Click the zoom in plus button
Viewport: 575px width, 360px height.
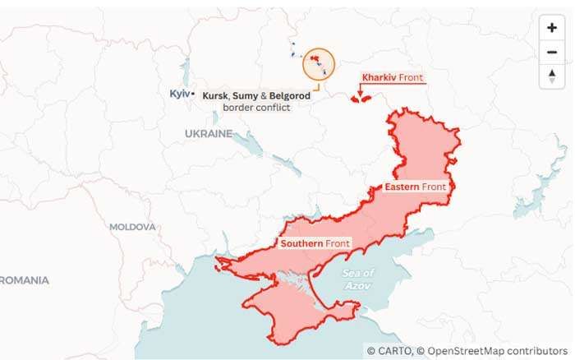tap(551, 27)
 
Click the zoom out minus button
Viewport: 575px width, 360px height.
tap(551, 53)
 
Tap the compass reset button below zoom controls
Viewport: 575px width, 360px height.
tap(551, 76)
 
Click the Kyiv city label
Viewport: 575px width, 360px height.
tap(179, 94)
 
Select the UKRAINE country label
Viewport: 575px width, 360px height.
tap(208, 133)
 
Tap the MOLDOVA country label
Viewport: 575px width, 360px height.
tap(132, 226)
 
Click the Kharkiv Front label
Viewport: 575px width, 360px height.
tap(393, 78)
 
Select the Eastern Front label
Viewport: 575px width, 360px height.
tap(416, 187)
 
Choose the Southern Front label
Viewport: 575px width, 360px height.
tap(315, 244)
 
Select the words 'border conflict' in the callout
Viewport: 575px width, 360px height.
tap(256, 108)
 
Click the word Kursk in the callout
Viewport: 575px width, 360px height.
tap(215, 96)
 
